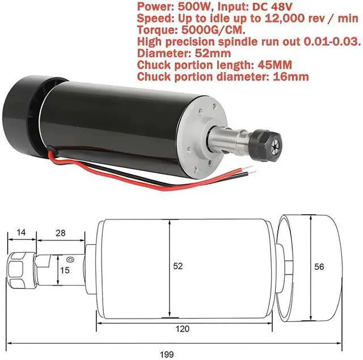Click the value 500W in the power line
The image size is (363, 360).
click(x=195, y=7)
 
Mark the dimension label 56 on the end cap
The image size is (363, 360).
click(x=319, y=265)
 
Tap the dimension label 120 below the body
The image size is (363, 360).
click(x=183, y=328)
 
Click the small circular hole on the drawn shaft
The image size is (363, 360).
click(x=70, y=260)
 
